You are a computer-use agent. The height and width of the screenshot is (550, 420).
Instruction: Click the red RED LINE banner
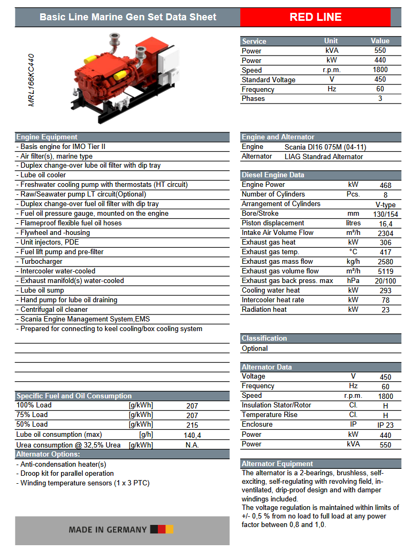[315, 17]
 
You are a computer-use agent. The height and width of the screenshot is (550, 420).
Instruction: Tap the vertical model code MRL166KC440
[32, 80]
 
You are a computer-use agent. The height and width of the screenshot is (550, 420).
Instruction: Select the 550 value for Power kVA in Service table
[380, 51]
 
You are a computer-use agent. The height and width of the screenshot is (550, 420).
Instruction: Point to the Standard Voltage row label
[268, 80]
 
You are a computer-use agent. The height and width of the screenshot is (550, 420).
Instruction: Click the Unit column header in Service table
[331, 41]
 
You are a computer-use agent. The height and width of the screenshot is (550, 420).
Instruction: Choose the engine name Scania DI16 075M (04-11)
[325, 147]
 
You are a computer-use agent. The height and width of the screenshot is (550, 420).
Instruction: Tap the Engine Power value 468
[385, 185]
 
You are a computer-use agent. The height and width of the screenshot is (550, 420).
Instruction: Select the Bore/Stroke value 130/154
[385, 214]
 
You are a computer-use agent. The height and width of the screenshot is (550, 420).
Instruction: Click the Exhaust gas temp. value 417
[385, 252]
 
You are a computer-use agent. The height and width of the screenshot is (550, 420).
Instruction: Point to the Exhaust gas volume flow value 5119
[385, 271]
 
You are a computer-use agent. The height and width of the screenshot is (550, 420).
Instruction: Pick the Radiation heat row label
[264, 309]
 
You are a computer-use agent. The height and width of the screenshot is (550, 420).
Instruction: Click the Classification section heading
[264, 338]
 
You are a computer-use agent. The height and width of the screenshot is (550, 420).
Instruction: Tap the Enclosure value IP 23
[385, 425]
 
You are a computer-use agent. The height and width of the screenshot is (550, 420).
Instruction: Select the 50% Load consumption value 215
[192, 425]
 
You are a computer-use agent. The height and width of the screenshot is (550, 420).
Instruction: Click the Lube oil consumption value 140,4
[192, 435]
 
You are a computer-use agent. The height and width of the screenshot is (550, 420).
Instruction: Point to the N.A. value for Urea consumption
[192, 445]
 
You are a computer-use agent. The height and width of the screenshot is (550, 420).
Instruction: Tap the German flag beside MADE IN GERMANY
[162, 530]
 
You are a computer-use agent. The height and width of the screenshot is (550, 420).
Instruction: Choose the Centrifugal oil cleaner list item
[54, 310]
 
